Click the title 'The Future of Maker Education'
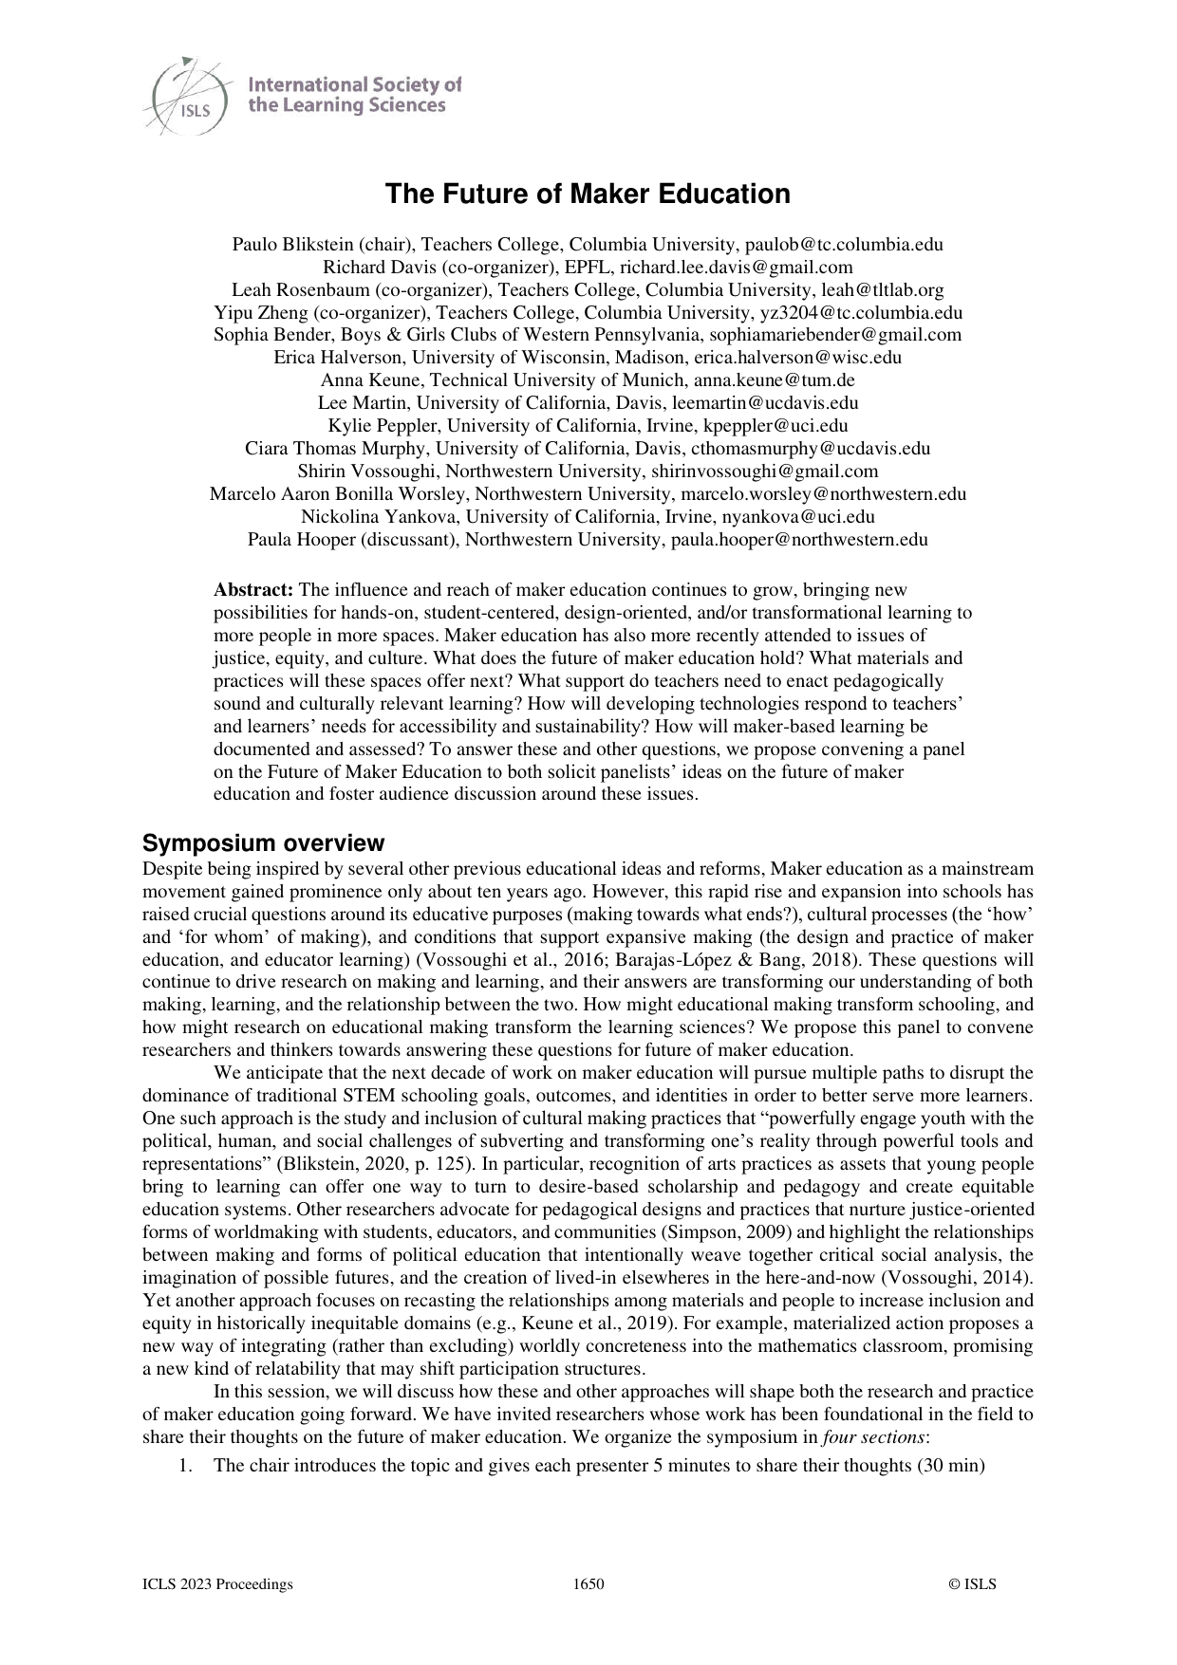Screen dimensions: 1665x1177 (588, 194)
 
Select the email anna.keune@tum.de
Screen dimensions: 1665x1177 (775, 380)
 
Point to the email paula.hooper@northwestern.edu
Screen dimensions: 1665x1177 (799, 540)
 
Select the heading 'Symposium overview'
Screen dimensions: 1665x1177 (263, 843)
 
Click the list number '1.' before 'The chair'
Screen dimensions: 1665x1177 (186, 1466)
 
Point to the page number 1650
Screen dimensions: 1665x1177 (588, 1583)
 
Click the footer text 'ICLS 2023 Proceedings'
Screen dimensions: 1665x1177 (217, 1583)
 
